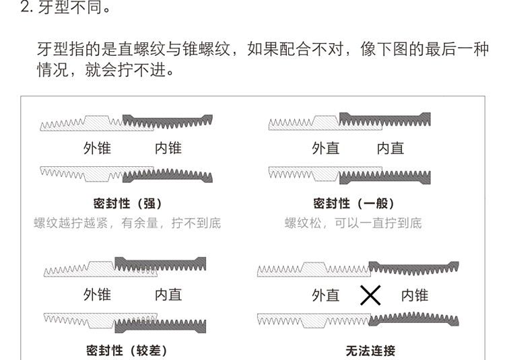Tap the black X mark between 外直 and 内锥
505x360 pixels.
pos(370,295)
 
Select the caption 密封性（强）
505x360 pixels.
pos(127,203)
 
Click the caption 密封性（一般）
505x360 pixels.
pos(353,203)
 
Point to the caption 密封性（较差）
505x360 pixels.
pos(127,350)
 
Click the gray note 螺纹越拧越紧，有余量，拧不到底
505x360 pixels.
pos(127,223)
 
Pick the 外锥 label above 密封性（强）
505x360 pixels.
pos(97,148)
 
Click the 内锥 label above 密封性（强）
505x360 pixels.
pos(168,148)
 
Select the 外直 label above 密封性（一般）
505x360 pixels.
pos(325,148)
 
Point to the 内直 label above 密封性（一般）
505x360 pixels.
pos(390,148)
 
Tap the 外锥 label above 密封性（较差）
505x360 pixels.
pos(97,295)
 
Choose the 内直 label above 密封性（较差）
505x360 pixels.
pos(168,295)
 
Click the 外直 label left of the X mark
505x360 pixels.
pos(325,295)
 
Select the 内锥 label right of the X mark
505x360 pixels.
pos(414,295)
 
